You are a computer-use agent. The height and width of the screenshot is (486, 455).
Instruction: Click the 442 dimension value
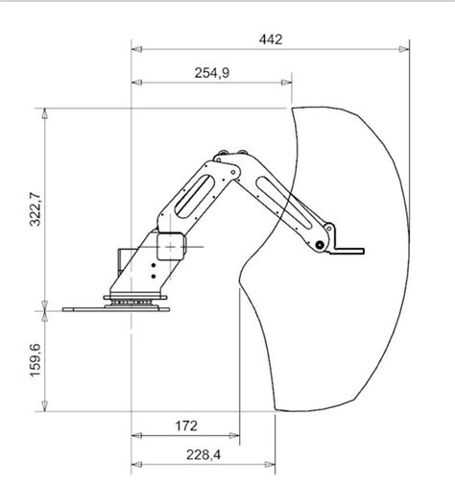(271, 39)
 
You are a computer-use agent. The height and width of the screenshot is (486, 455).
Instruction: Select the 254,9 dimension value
(212, 73)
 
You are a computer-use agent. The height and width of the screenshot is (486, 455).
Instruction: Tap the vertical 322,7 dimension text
(36, 209)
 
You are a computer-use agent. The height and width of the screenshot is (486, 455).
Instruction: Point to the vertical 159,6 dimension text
(36, 360)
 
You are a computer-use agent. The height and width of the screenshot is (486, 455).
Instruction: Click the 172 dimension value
(186, 426)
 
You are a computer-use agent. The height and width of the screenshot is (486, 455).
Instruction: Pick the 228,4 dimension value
(204, 454)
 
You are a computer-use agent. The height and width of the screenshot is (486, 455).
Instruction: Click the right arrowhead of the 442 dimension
(404, 49)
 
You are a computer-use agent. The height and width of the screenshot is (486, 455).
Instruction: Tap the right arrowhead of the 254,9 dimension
(286, 83)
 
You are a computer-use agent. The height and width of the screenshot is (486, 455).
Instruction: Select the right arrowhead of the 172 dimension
(234, 435)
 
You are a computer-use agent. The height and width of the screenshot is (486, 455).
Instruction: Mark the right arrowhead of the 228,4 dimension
(270, 464)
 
